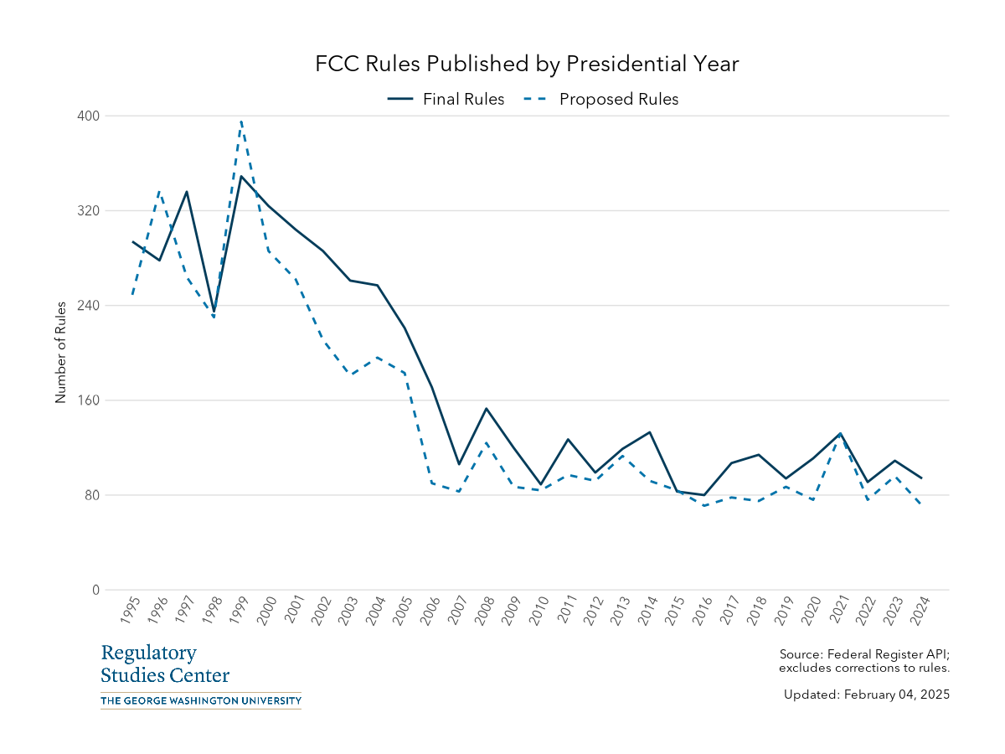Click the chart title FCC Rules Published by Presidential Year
[x=527, y=65]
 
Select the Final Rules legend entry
[x=446, y=99]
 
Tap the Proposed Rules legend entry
[x=602, y=99]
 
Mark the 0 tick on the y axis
[x=95, y=590]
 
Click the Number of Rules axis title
[x=60, y=353]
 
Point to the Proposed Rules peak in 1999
[x=241, y=121]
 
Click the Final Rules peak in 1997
[x=187, y=192]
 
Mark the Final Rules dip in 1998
[x=214, y=312]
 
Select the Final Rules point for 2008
[x=486, y=409]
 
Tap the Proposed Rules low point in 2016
[x=704, y=505]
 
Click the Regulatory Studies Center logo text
[x=164, y=664]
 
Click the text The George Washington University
[x=200, y=700]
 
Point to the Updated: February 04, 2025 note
[x=866, y=695]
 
